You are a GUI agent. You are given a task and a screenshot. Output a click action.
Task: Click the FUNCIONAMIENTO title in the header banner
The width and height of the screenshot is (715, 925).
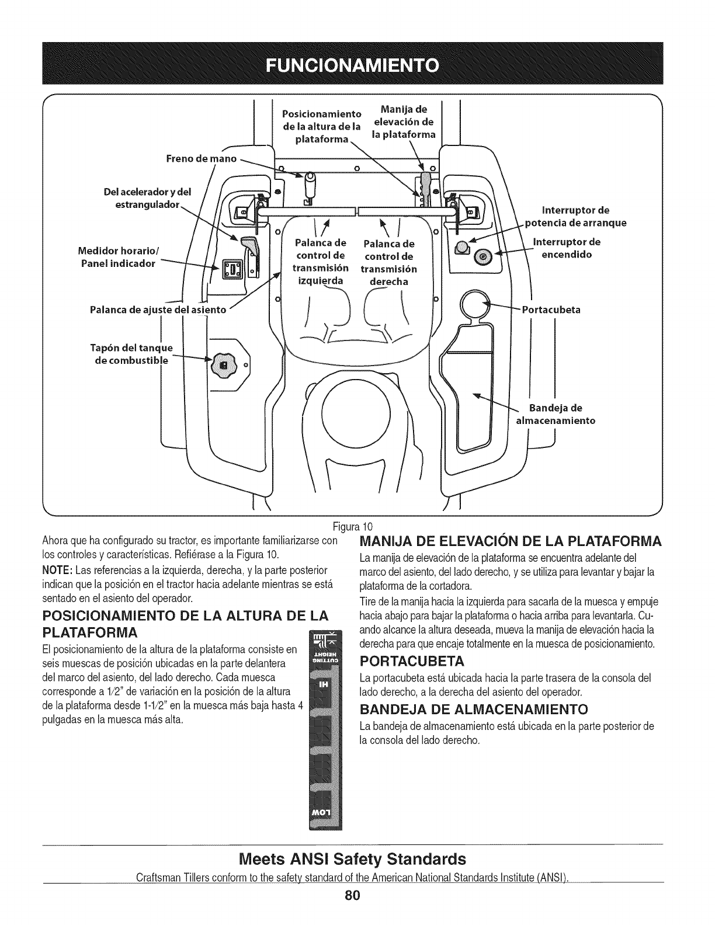(x=357, y=64)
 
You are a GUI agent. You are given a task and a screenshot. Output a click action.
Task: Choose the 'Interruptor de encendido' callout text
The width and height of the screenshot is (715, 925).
(x=567, y=248)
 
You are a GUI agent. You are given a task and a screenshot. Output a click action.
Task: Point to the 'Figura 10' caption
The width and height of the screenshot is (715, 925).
(x=356, y=522)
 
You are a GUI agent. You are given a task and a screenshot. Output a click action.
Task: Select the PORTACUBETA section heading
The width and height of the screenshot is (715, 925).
(x=412, y=662)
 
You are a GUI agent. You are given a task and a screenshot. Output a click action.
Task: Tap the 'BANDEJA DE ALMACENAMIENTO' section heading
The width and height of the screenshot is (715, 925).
(x=473, y=710)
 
